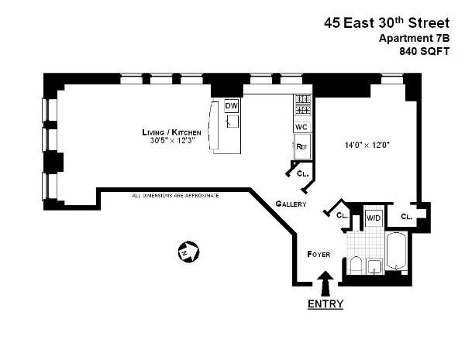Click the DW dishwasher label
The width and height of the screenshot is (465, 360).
pyautogui.click(x=231, y=105)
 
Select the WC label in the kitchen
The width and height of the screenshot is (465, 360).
pyautogui.click(x=301, y=126)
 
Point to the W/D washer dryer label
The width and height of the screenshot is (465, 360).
pyautogui.click(x=373, y=218)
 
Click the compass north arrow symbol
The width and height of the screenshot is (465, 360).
pyautogui.click(x=188, y=251)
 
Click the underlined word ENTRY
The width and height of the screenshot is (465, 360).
pyautogui.click(x=325, y=303)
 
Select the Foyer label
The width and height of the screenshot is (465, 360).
pyautogui.click(x=319, y=254)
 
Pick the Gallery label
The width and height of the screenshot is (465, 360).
pyautogui.click(x=291, y=204)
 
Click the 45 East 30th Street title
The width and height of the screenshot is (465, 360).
pyautogui.click(x=386, y=23)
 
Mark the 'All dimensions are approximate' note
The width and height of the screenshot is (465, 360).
pyautogui.click(x=175, y=195)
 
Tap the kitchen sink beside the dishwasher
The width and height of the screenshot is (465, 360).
pyautogui.click(x=231, y=122)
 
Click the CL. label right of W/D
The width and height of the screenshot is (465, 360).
pyautogui.click(x=406, y=217)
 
